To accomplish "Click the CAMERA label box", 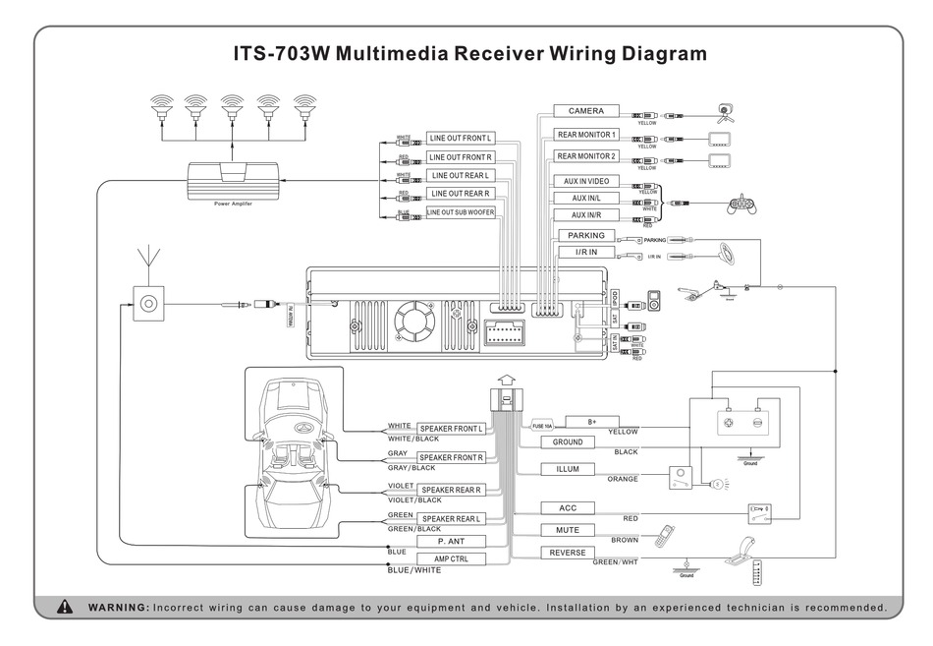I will [x=585, y=111].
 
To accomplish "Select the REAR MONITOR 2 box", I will [x=585, y=156].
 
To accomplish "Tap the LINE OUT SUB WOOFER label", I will [x=461, y=212].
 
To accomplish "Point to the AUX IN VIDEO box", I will [x=585, y=181].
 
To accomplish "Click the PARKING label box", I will [x=585, y=236].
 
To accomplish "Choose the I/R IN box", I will [x=585, y=253].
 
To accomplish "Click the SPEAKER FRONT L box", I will [x=452, y=429].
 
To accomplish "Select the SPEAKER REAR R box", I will [x=452, y=490].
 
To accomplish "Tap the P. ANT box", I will [x=452, y=541].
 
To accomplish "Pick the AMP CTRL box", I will [x=452, y=558].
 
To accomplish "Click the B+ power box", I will [x=591, y=422].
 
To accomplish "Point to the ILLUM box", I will [x=568, y=469].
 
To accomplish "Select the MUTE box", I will [x=568, y=530].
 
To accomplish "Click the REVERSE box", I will [x=568, y=553].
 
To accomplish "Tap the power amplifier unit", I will [x=234, y=180].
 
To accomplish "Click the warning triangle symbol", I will [x=65, y=606].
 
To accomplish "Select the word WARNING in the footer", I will [x=118, y=607].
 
